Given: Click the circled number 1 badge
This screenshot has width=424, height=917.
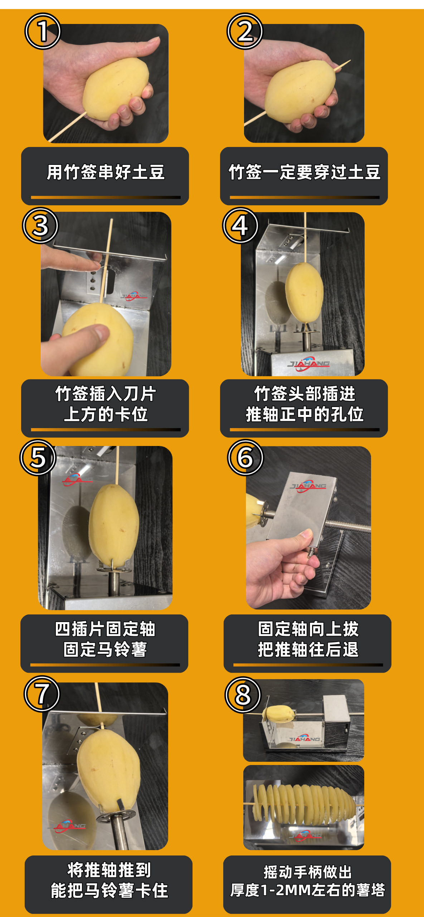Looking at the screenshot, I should tap(42, 31).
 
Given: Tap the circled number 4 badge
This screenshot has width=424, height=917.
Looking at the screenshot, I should tap(240, 225).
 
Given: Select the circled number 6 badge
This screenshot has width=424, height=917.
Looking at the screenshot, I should tap(245, 457).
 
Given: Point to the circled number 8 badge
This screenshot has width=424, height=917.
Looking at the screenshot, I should tap(243, 695).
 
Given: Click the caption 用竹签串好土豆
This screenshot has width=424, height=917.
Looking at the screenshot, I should tap(106, 172).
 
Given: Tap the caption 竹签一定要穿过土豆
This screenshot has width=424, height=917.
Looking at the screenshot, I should tap(304, 172).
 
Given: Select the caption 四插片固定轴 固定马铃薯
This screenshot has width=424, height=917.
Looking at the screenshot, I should tap(105, 639).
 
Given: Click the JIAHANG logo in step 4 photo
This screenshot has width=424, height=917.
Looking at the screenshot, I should tap(308, 364).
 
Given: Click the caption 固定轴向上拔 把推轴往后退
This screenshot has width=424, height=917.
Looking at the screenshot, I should tap(308, 639).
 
